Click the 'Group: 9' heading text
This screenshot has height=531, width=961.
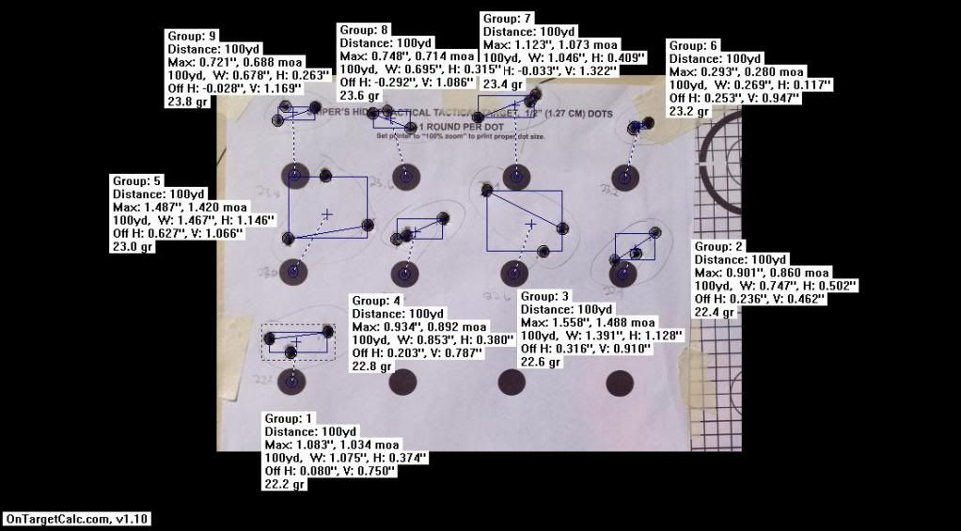click(192, 35)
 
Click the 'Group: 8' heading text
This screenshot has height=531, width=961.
click(364, 30)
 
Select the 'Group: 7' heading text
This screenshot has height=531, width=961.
click(508, 19)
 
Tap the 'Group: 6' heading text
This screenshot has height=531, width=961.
click(693, 45)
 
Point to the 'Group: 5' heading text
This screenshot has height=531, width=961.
click(137, 180)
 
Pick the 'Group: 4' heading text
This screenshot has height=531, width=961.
click(377, 301)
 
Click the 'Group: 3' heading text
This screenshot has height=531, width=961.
click(545, 296)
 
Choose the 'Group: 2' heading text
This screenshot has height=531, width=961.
click(719, 246)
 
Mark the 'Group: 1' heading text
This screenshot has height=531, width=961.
click(290, 417)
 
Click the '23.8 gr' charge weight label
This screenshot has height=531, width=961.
click(188, 102)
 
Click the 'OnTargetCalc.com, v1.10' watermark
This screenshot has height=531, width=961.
click(76, 519)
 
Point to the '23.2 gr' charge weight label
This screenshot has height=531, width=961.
click(689, 111)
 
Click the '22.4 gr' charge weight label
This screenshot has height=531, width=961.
click(716, 312)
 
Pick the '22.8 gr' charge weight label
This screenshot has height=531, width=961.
click(373, 367)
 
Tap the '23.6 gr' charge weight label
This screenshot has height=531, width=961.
click(360, 95)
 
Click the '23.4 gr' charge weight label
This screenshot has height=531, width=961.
click(504, 84)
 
